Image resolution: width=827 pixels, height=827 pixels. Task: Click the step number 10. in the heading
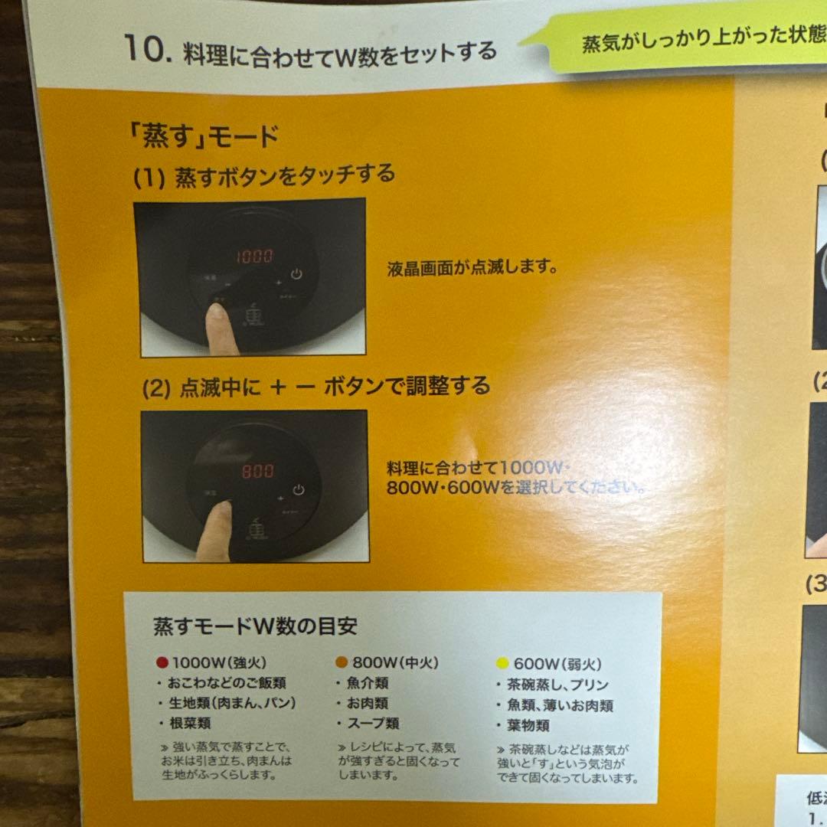147,52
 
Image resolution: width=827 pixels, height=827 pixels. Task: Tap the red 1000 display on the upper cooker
254,257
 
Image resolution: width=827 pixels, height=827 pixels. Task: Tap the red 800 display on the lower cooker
258,471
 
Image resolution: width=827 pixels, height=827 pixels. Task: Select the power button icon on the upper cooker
297,273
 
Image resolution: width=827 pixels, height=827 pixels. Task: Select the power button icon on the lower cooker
299,490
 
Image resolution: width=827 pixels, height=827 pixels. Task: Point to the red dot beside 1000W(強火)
162,663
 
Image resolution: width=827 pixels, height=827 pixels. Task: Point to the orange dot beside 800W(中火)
342,662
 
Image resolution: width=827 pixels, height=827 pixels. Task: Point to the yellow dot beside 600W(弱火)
502,664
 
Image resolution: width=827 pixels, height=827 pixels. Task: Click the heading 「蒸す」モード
203,137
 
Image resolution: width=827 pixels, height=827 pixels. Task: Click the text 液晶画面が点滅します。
472,269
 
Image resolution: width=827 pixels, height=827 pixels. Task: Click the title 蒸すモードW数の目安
255,627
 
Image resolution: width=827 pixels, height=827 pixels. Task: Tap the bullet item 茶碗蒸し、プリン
557,685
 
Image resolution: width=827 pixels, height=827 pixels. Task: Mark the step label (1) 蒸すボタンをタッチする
265,175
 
